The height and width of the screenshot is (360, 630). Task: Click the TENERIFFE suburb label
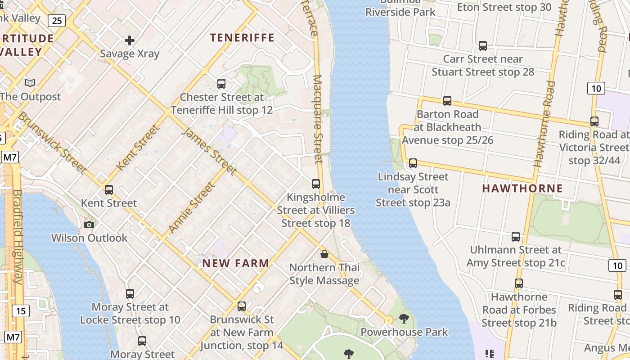(x=242, y=38)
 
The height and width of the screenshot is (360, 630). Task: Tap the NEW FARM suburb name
(x=236, y=263)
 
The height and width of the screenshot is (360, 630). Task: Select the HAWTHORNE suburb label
(x=522, y=188)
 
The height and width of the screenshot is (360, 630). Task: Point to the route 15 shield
(x=21, y=310)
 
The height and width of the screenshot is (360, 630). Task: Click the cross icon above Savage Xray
(x=130, y=41)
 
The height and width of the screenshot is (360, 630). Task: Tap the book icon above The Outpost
(x=30, y=83)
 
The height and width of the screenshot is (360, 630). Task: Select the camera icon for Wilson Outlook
(x=89, y=225)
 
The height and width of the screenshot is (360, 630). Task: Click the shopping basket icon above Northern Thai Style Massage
(x=324, y=255)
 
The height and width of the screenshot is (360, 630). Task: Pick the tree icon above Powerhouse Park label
(x=404, y=319)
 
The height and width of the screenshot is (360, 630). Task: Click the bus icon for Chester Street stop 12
(x=221, y=83)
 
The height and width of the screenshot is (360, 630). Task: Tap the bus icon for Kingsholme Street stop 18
(x=315, y=184)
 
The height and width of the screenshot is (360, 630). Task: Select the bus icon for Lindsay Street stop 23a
(x=413, y=163)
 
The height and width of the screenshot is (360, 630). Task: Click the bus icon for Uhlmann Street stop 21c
(x=516, y=236)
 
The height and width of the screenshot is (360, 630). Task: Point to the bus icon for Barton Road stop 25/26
(x=447, y=100)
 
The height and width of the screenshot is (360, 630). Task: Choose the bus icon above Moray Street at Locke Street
(x=130, y=294)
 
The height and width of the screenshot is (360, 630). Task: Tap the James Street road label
(x=209, y=150)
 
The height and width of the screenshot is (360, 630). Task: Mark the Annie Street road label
(x=191, y=207)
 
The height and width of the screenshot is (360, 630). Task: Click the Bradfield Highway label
(x=17, y=236)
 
